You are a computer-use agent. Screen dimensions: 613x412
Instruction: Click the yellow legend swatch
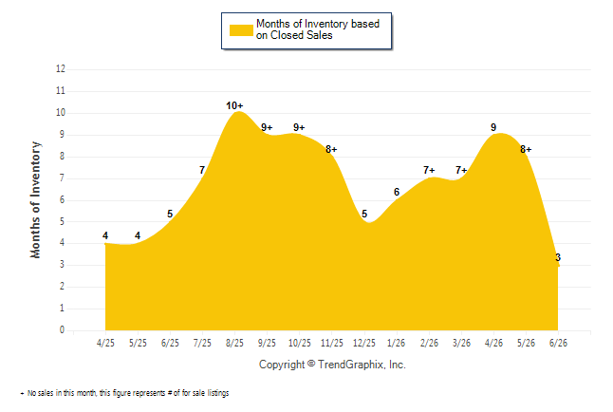tap(241, 30)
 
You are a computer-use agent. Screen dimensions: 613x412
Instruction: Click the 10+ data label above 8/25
tap(234, 105)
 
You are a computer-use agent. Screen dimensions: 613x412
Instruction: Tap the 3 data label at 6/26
tap(558, 257)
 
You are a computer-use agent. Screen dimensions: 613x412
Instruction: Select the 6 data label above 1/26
tap(397, 192)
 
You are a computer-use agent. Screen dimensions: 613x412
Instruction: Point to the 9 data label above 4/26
tap(493, 127)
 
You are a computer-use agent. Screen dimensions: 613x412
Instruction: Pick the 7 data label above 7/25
tap(202, 170)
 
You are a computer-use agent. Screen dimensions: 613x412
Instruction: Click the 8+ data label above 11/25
tap(331, 149)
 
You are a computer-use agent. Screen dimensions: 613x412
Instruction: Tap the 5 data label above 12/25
tap(364, 214)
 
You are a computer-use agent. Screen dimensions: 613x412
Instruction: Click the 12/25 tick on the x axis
tap(364, 343)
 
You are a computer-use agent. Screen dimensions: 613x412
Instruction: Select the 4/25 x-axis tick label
tap(105, 343)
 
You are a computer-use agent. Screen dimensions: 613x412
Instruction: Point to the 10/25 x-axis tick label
tap(300, 343)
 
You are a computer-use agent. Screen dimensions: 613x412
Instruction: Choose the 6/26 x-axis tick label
tap(558, 343)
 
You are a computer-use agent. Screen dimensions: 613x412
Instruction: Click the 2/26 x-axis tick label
tap(429, 343)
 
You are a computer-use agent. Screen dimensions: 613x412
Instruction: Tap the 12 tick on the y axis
tap(61, 69)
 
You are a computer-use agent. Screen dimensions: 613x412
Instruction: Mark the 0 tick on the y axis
tap(63, 329)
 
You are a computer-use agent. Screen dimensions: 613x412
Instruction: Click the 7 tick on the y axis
tap(63, 178)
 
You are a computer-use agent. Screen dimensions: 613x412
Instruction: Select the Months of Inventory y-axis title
tap(35, 200)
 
